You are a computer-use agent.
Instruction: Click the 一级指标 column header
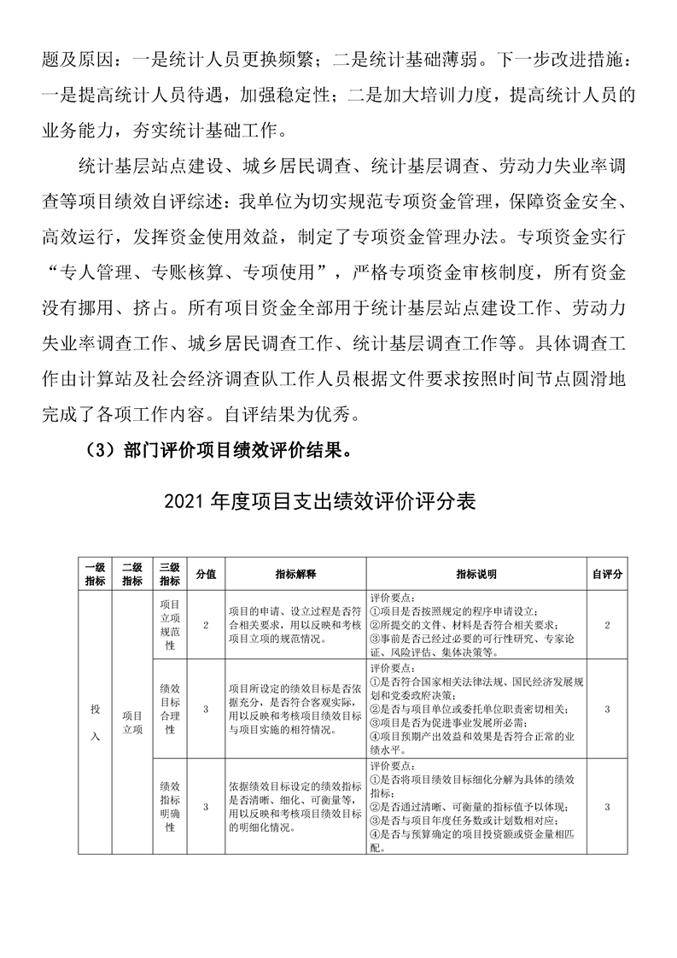coord(95,575)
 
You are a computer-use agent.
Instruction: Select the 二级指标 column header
coord(131,575)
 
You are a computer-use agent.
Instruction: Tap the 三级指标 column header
coord(169,575)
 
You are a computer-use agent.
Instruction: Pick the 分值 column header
coord(206,575)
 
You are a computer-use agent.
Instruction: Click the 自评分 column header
coord(606,575)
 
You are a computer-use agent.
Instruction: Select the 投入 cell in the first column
coord(95,722)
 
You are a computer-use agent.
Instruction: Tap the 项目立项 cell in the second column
coord(131,722)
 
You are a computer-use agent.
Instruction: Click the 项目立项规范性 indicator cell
coord(169,625)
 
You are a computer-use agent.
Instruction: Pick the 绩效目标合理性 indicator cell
coord(169,708)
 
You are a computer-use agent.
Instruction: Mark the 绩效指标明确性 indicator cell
coord(169,805)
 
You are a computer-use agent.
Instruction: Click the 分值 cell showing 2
coord(206,625)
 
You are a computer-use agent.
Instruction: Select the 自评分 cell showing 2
coord(606,625)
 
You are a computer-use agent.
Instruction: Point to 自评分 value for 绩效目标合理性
coord(606,708)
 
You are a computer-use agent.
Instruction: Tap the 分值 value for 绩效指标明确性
coord(206,805)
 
